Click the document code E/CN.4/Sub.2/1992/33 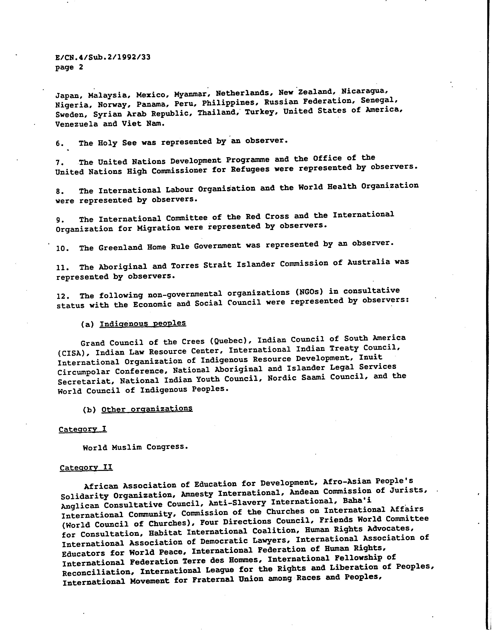click(x=103, y=57)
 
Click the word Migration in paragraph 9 click(x=158, y=228)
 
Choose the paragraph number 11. click(x=62, y=267)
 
